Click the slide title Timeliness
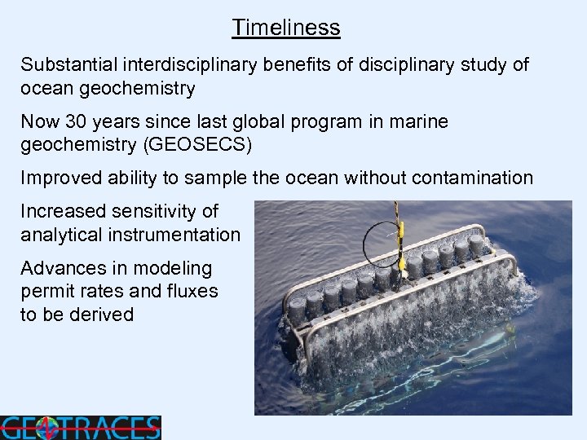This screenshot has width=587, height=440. click(x=285, y=28)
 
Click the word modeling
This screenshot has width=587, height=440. click(x=173, y=269)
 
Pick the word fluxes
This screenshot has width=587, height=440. click(x=192, y=291)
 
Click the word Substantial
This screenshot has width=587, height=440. click(x=64, y=64)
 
